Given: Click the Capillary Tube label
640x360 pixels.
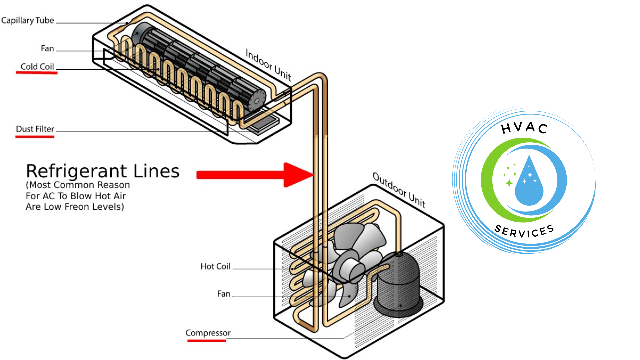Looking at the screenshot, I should click(x=28, y=20).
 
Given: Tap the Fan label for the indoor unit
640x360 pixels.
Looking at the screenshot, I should click(x=47, y=49).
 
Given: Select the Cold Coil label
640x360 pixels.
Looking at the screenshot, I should click(x=37, y=67).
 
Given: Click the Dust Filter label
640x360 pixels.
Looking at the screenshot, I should click(x=35, y=129).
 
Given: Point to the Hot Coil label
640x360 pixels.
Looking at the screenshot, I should click(x=215, y=266).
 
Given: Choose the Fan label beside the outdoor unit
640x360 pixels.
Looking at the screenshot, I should click(x=224, y=294).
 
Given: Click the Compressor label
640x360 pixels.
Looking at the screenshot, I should click(x=208, y=333).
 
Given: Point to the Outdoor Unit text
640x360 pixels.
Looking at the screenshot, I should click(x=399, y=190).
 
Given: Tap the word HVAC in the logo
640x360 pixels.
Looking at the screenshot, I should click(x=524, y=128).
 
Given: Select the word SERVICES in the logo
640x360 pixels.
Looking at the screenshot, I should click(x=524, y=231).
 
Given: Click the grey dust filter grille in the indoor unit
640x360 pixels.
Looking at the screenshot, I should click(x=263, y=124).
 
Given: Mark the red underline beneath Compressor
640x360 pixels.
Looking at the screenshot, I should click(x=206, y=340).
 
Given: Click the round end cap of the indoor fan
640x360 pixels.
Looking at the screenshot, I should click(x=257, y=100).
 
